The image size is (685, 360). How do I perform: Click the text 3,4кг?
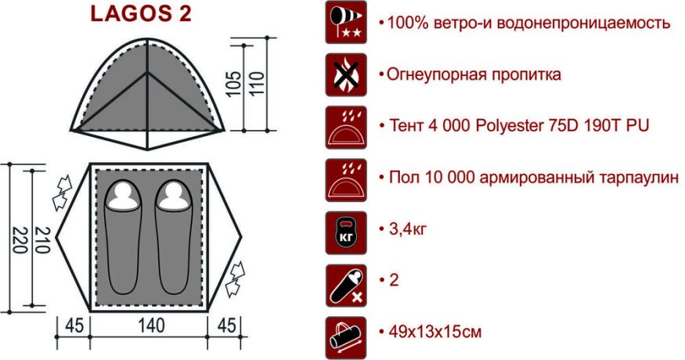407,230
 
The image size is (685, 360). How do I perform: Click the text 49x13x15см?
434,332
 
